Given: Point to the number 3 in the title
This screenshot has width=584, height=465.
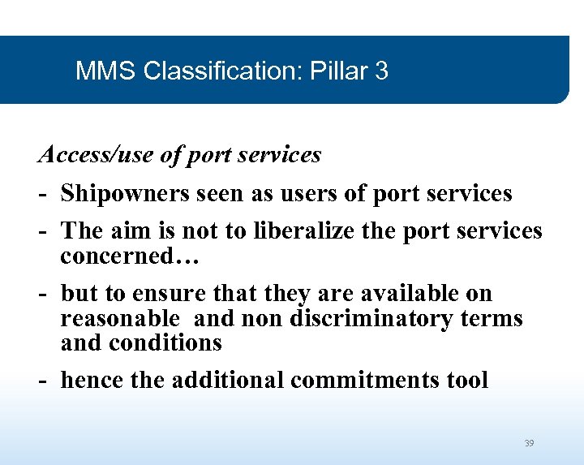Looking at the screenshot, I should click(x=381, y=71).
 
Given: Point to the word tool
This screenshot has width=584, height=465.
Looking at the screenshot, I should click(x=469, y=380).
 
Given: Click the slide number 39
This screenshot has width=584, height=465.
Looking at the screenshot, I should click(x=529, y=443).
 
